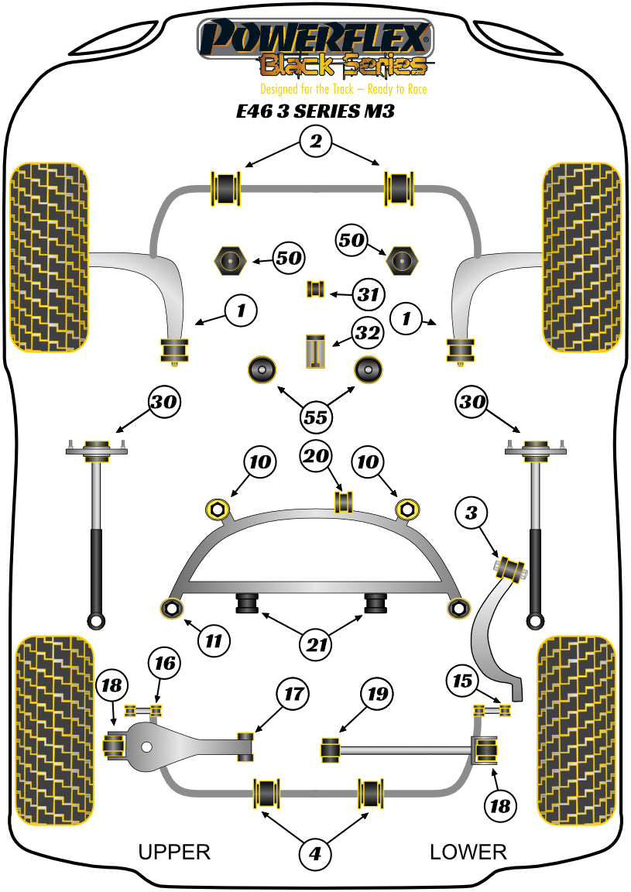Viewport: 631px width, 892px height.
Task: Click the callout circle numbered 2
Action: pos(315,141)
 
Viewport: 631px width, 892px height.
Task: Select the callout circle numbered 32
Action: pos(368,334)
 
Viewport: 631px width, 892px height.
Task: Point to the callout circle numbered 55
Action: pos(316,418)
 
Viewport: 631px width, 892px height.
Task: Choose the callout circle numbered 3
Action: pos(471,512)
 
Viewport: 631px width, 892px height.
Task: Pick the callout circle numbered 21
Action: pos(317,643)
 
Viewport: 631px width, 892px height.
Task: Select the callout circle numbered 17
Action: pos(294,694)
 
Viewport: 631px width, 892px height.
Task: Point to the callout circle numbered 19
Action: pos(376,694)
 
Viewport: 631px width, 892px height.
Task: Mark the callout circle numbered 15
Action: pos(461,681)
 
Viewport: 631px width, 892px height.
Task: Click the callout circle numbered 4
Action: pos(315,853)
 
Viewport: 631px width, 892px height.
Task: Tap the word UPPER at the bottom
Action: pos(174,852)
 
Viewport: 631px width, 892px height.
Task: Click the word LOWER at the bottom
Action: pos(468,852)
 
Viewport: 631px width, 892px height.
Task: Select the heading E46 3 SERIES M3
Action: pos(315,111)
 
